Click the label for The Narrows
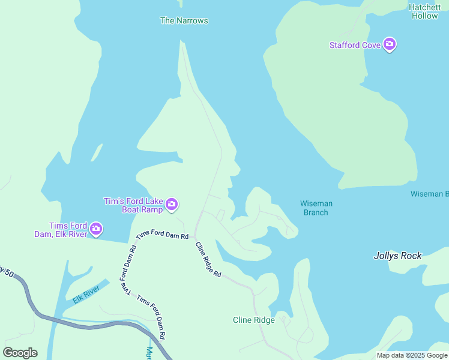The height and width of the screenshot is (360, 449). click(x=184, y=20)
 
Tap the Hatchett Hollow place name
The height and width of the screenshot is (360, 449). click(x=424, y=12)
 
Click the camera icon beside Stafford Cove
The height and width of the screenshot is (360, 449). click(x=390, y=44)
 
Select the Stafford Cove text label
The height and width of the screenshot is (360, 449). click(x=355, y=45)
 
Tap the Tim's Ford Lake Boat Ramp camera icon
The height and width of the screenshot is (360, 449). click(x=172, y=205)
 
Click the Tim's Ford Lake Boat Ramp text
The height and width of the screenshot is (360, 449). click(x=133, y=205)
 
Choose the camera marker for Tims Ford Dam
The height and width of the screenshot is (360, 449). click(x=95, y=229)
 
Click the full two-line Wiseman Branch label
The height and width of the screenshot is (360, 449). click(x=316, y=208)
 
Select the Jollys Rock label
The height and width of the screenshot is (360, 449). click(x=397, y=256)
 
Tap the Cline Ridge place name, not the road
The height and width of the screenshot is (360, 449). click(x=253, y=320)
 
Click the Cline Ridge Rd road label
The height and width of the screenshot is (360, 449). click(x=208, y=259)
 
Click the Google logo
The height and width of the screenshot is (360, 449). click(x=20, y=353)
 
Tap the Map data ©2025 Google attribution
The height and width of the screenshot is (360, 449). click(x=412, y=355)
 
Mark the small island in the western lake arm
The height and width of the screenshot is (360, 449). click(x=96, y=153)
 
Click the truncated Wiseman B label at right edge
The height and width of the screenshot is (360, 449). click(x=429, y=194)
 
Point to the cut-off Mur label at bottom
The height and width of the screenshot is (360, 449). click(x=149, y=353)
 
